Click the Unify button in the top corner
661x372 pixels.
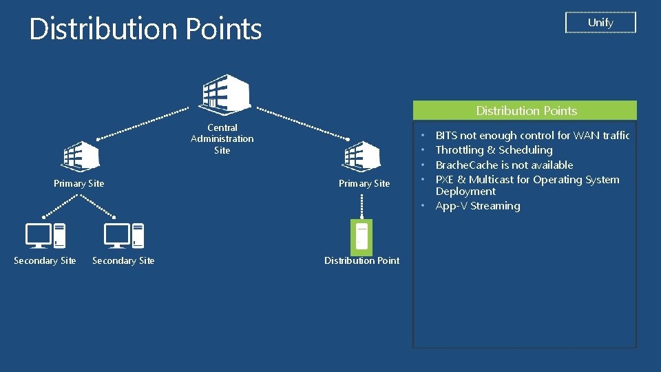click(x=600, y=23)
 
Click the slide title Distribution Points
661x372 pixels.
click(x=145, y=29)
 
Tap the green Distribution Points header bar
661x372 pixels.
click(x=525, y=110)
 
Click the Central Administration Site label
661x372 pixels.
click(x=222, y=138)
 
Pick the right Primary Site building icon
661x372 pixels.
click(x=363, y=156)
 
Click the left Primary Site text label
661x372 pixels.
click(x=78, y=183)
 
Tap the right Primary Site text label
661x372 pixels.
click(x=364, y=183)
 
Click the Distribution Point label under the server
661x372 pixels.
click(x=361, y=260)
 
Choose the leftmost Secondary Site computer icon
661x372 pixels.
click(x=45, y=236)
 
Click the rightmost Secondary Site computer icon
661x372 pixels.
click(x=124, y=236)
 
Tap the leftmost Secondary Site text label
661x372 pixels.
click(x=45, y=260)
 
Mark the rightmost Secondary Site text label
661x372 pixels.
click(x=123, y=260)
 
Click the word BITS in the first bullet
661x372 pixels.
click(x=446, y=136)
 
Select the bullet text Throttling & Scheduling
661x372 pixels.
click(x=494, y=150)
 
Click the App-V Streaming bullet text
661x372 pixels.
click(x=477, y=206)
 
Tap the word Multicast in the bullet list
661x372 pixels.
click(x=492, y=180)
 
